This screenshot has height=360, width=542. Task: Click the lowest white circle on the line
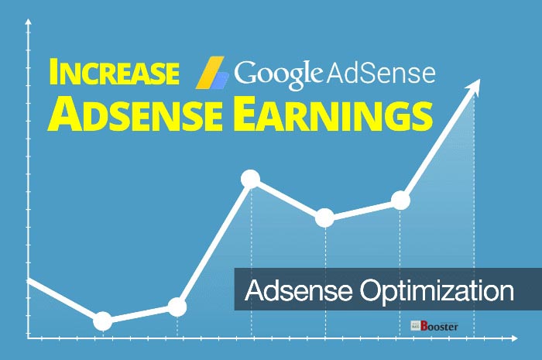102,321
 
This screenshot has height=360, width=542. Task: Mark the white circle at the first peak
250,180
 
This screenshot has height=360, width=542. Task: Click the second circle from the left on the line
177,307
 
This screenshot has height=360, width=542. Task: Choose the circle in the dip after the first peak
325,218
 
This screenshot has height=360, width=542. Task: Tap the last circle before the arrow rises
400,201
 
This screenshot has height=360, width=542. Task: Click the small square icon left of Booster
415,327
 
